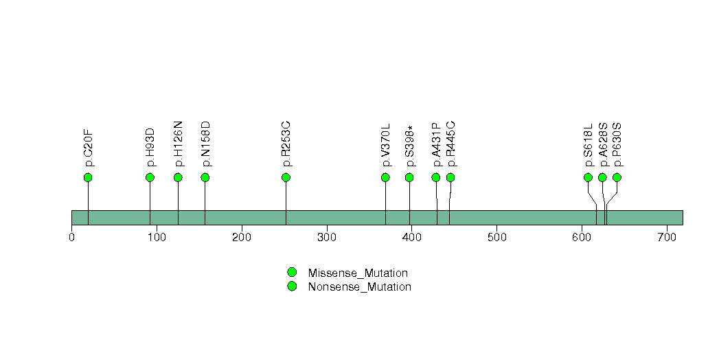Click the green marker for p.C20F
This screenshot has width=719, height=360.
[x=88, y=177]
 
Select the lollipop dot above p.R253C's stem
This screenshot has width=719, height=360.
[x=286, y=177]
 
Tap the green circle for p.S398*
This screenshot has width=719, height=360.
[x=409, y=177]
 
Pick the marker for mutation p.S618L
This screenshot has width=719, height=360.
[x=588, y=177]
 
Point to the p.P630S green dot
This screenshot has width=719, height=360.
[x=617, y=177]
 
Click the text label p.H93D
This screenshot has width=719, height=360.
[x=150, y=148]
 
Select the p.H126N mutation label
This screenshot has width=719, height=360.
[x=179, y=144]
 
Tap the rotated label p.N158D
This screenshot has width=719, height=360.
[x=205, y=144]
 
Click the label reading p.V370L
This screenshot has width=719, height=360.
[x=385, y=146]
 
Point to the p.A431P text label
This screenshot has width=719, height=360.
[x=436, y=145]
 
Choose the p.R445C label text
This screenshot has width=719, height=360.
[x=450, y=144]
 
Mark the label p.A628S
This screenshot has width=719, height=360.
[x=602, y=145]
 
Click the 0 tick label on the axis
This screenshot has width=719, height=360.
[x=71, y=237]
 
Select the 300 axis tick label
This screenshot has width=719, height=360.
[x=327, y=237]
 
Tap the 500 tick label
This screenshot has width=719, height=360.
[x=497, y=237]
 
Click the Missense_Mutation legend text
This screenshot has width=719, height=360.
[x=358, y=273]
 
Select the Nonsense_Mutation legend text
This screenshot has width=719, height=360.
[x=360, y=286]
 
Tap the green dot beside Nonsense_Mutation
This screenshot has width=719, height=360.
[x=292, y=286]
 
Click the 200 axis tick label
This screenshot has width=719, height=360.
[x=242, y=237]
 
